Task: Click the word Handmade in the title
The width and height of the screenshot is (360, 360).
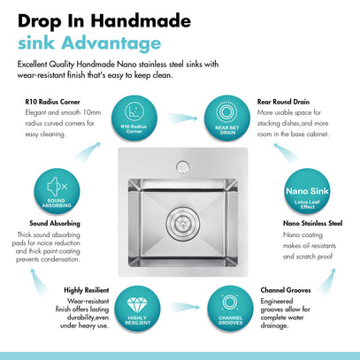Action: [x=141, y=21]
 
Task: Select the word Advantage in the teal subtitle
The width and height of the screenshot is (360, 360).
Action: [x=111, y=43]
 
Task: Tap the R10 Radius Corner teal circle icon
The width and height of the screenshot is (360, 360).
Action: [x=134, y=118]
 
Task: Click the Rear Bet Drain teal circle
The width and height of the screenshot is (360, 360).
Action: [x=227, y=118]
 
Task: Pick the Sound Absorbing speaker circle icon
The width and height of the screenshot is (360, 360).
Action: [x=57, y=191]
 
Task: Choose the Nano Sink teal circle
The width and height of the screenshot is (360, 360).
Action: [x=307, y=191]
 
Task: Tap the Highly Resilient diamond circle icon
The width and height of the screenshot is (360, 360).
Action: [x=137, y=309]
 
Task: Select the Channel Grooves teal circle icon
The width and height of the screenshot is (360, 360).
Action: [x=230, y=309]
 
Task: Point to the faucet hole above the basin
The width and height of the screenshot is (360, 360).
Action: [x=182, y=167]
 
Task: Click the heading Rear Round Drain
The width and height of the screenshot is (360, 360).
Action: [x=283, y=102]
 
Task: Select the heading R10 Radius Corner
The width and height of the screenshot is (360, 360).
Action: [x=52, y=102]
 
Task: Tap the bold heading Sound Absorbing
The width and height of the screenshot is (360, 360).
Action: [x=55, y=223]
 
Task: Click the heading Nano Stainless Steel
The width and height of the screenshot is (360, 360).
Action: [x=312, y=223]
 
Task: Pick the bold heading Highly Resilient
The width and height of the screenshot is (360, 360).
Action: [x=87, y=290]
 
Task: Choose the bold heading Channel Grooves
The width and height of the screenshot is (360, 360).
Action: [x=286, y=290]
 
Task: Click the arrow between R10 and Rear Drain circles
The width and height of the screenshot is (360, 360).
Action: [x=183, y=119]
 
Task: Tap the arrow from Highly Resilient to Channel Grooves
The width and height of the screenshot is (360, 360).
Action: [x=185, y=307]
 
